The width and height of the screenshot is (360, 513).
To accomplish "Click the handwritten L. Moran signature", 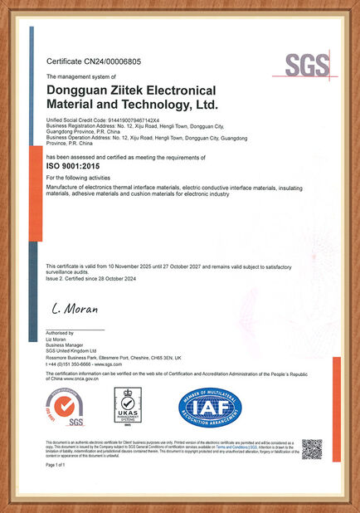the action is pyautogui.click(x=75, y=309).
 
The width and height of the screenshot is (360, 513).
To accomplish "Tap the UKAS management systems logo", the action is pyautogui.click(x=129, y=409).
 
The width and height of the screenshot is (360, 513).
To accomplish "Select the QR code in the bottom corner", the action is pyautogui.click(x=311, y=449).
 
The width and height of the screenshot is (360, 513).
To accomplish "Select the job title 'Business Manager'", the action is pyautogui.click(x=66, y=345).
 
